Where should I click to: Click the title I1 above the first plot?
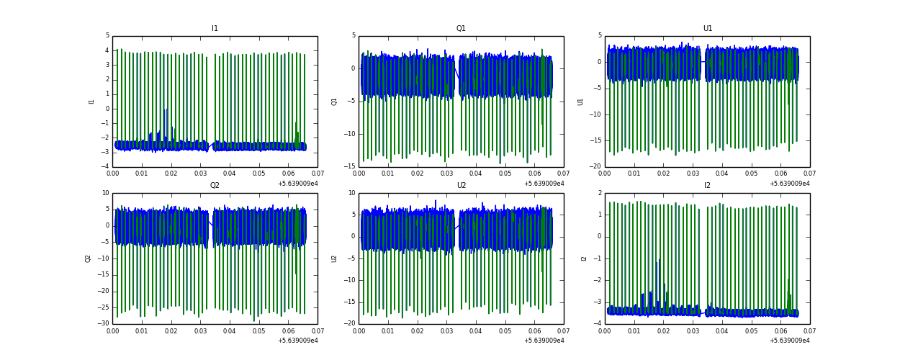[215, 29]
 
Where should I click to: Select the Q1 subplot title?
[461, 29]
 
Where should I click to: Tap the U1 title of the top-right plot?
[707, 29]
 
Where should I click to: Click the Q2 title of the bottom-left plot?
[215, 186]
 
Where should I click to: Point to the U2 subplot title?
[461, 186]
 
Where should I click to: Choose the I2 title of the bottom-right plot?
[707, 186]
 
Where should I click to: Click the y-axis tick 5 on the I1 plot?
[107, 35]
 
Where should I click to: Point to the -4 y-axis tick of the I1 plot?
[105, 167]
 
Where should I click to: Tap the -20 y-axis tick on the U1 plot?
[595, 167]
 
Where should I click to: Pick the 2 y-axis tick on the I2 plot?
[598, 193]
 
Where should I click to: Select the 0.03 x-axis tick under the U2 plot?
[446, 331]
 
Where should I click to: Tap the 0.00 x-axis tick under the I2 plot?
[605, 331]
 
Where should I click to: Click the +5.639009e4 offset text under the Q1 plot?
[544, 184]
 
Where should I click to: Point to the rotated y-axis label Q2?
[88, 258]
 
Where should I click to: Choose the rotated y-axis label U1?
[580, 102]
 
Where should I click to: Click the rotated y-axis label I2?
[584, 258]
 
